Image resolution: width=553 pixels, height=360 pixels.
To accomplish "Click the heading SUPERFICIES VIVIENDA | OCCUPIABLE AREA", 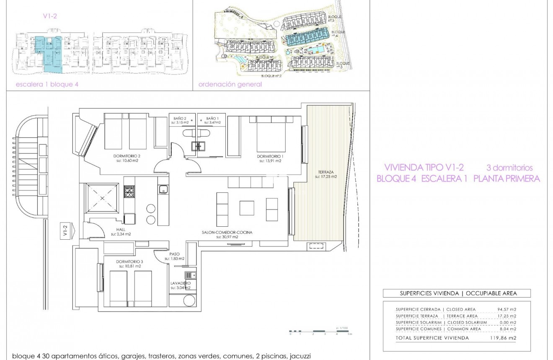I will pos(456,293).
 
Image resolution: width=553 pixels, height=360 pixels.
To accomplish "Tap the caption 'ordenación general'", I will pos(230,84).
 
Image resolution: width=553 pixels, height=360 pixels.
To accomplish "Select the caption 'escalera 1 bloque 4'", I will pos(47,84).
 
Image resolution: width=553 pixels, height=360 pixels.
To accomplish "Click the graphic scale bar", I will pos(320,332).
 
